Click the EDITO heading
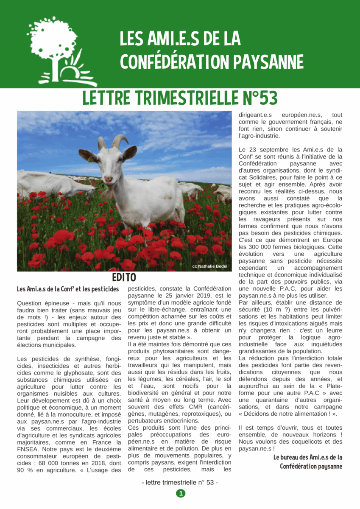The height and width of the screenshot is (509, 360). point(124,277)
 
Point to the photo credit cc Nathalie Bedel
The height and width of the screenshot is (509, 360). point(209,266)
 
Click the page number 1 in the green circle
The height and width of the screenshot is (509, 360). point(181,493)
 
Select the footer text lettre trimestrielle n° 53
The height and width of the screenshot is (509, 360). point(180,483)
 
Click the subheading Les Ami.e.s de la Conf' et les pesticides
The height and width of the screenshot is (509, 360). point(68,289)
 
